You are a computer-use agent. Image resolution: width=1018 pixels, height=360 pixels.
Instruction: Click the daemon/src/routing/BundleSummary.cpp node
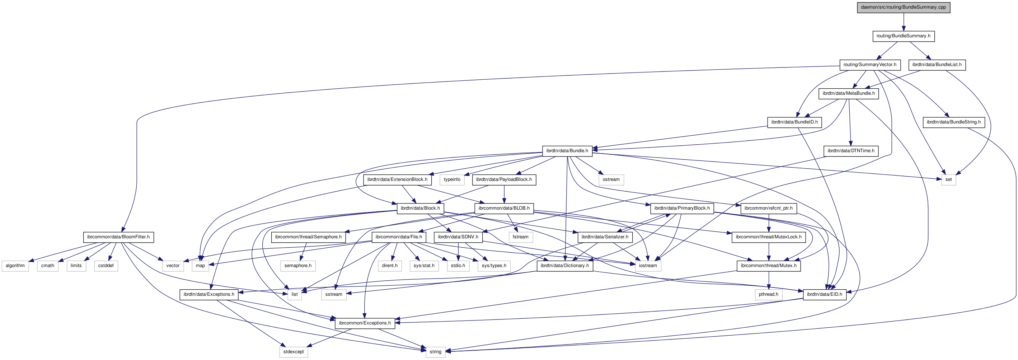pyautogui.click(x=903, y=7)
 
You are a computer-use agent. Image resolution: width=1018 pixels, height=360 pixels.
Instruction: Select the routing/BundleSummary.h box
pyautogui.click(x=903, y=36)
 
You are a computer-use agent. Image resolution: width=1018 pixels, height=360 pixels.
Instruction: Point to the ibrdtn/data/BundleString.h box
pyautogui.click(x=953, y=122)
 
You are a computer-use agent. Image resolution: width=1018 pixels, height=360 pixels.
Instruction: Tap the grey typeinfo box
pyautogui.click(x=452, y=180)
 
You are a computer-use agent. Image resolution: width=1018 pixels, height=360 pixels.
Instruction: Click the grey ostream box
pyautogui.click(x=611, y=180)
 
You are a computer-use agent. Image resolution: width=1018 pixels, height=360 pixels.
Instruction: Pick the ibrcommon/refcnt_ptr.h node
pyautogui.click(x=768, y=208)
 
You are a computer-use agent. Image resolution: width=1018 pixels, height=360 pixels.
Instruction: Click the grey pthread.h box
pyautogui.click(x=768, y=294)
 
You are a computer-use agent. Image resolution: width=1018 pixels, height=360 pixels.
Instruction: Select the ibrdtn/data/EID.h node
pyautogui.click(x=824, y=294)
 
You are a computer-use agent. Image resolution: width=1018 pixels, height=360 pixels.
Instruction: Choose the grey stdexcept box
pyautogui.click(x=293, y=352)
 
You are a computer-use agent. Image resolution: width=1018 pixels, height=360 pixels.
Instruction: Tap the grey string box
pyautogui.click(x=436, y=352)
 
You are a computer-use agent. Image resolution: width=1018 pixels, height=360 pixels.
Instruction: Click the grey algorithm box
pyautogui.click(x=15, y=266)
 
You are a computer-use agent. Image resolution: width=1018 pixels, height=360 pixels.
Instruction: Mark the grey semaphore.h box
pyautogui.click(x=297, y=266)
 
